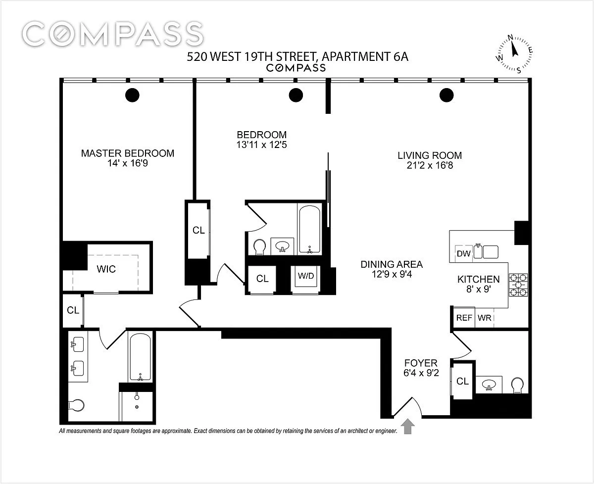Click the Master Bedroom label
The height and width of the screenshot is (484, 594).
coord(127,153)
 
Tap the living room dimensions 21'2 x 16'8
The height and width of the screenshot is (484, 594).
coord(430,165)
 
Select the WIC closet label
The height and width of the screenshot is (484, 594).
coord(106,269)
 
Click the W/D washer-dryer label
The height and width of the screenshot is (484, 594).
coord(306,276)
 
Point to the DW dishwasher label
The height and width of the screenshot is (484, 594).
coord(463,253)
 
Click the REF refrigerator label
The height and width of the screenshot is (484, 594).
coord(464,318)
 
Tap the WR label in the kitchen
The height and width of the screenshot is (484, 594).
coord(485,318)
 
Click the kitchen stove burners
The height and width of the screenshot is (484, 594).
coord(518,285)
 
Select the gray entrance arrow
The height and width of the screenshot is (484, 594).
coord(408,426)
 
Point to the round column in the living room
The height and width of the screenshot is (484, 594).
coord(446,96)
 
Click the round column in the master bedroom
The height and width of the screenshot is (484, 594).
coord(132,95)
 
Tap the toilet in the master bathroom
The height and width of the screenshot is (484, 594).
coord(76,405)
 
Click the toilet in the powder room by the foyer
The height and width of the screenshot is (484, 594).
coord(518,386)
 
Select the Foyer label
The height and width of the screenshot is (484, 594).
coord(421,363)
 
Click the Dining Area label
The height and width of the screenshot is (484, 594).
coord(392,264)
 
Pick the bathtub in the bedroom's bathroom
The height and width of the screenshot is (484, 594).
coord(309,230)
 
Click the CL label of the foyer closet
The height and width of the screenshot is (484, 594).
coord(462,381)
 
